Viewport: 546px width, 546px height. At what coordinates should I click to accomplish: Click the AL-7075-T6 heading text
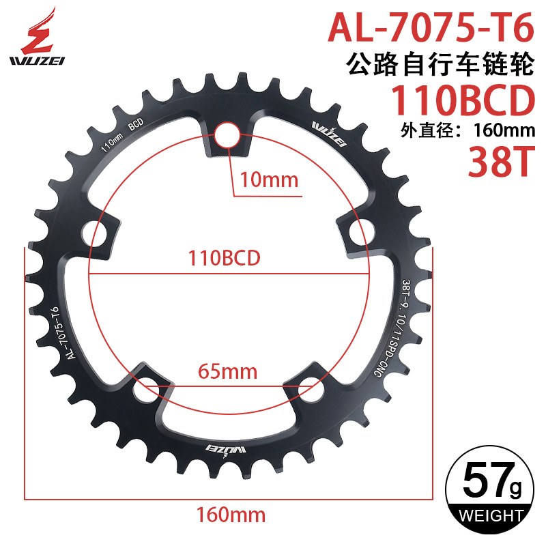[x=431, y=28]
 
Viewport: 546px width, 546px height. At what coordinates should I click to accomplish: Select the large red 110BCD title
[x=461, y=100]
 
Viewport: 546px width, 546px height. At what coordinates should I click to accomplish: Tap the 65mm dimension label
[x=227, y=372]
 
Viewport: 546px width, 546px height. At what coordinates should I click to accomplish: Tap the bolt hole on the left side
[x=96, y=233]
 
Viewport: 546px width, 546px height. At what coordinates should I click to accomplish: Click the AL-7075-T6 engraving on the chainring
[x=62, y=334]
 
